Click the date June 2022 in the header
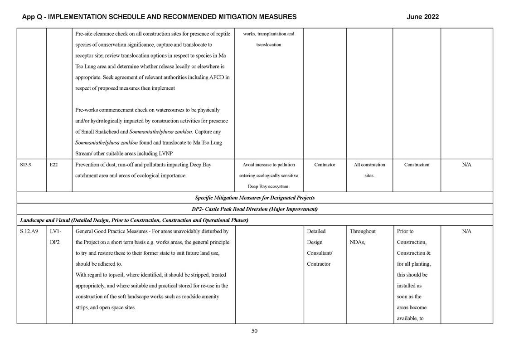click(422, 17)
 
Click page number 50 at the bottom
click(254, 331)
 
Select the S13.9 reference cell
click(26, 165)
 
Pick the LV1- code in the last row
click(56, 231)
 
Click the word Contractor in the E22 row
click(325, 165)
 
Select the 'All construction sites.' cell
click(369, 170)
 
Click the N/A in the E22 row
click(466, 165)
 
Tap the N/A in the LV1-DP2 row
click(466, 231)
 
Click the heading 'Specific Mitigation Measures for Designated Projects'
click(254, 198)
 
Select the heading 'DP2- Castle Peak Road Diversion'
click(254, 209)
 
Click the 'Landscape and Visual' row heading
click(134, 220)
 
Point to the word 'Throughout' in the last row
click(363, 231)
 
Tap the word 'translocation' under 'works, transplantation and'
click(269, 45)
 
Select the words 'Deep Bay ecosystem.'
click(269, 186)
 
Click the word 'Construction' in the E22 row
click(417, 165)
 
